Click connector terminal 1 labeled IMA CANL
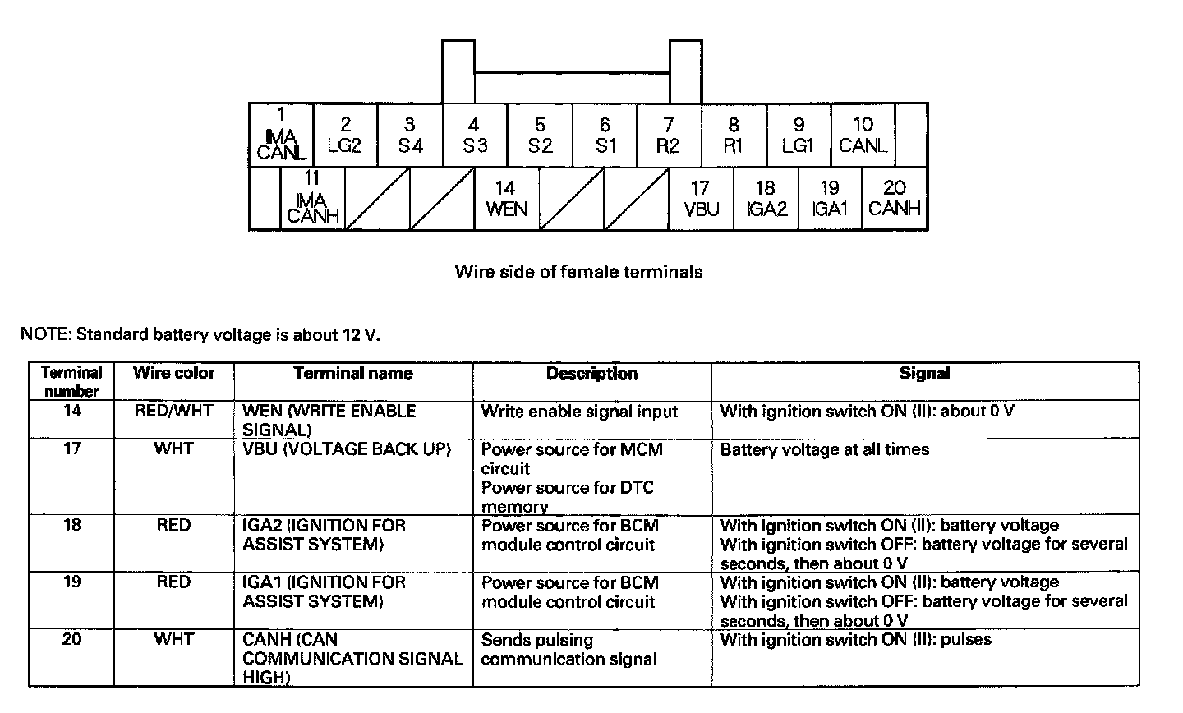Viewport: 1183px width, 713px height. tap(282, 136)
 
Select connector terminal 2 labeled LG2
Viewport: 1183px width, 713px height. tap(345, 136)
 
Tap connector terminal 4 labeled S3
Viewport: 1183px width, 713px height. tap(474, 136)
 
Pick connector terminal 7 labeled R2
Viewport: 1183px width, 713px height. tap(669, 136)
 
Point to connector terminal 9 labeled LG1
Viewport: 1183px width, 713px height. tap(798, 136)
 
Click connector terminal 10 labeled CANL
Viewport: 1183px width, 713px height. tap(863, 136)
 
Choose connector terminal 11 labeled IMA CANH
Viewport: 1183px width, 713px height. tap(312, 199)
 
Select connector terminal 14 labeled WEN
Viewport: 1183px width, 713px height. tap(506, 199)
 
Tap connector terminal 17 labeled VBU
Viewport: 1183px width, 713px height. tap(701, 199)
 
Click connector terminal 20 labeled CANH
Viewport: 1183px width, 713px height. tap(895, 199)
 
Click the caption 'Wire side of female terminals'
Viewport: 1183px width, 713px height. tap(578, 272)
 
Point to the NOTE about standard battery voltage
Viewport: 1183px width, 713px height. tap(201, 335)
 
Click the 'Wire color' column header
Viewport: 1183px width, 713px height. tap(173, 373)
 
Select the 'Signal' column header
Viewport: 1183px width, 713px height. tap(924, 373)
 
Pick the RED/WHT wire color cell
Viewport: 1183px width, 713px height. tap(173, 411)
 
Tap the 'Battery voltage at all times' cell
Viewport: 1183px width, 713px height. tap(824, 450)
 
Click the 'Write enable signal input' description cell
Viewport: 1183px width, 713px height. tap(579, 411)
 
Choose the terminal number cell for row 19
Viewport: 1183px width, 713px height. tap(71, 582)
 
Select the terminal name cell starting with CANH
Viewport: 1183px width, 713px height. tap(352, 658)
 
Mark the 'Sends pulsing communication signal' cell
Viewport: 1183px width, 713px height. tap(568, 649)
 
